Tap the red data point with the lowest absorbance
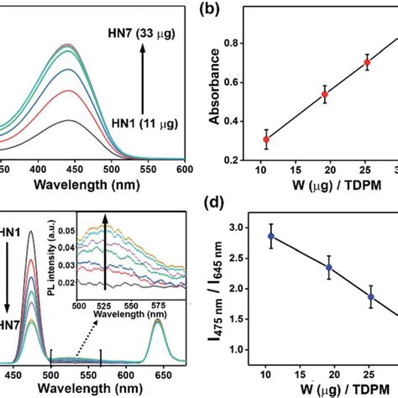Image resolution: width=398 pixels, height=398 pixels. click(x=267, y=139)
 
